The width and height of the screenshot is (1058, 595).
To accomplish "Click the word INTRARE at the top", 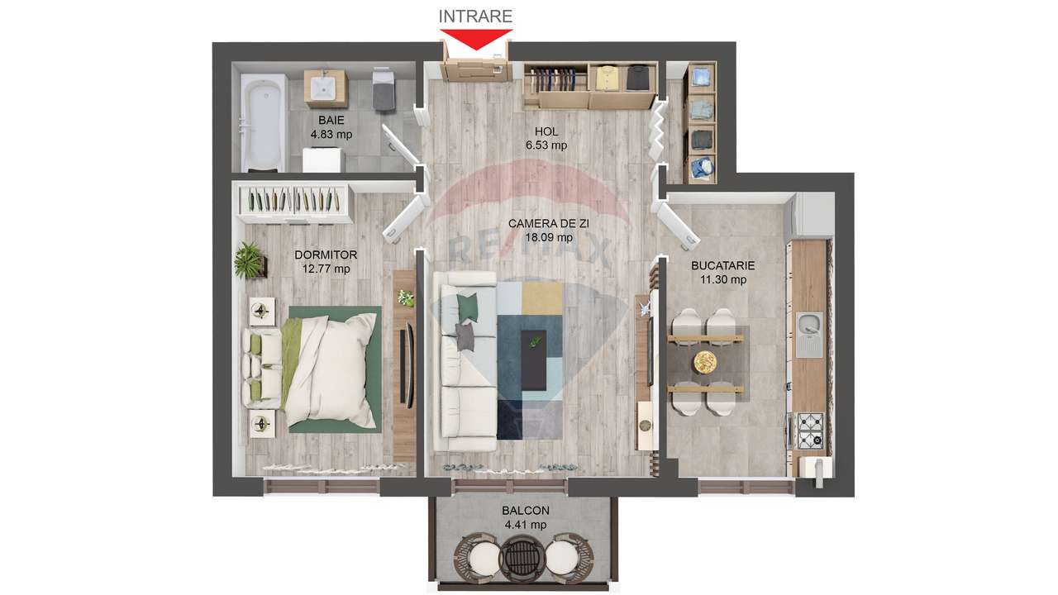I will click(475, 16).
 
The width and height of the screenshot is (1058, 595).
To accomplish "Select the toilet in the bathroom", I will click(384, 89).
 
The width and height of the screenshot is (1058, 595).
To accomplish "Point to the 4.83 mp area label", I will click(331, 133).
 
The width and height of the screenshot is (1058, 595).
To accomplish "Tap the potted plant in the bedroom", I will click(249, 260).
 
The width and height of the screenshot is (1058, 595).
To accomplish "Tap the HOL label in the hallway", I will click(546, 131).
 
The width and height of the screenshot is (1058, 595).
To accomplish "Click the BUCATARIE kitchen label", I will click(723, 266).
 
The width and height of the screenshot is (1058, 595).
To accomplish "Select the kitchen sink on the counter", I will click(808, 334).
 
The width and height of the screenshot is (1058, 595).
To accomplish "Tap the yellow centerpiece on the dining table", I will click(705, 362).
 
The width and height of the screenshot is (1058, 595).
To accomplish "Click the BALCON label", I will click(525, 512).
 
